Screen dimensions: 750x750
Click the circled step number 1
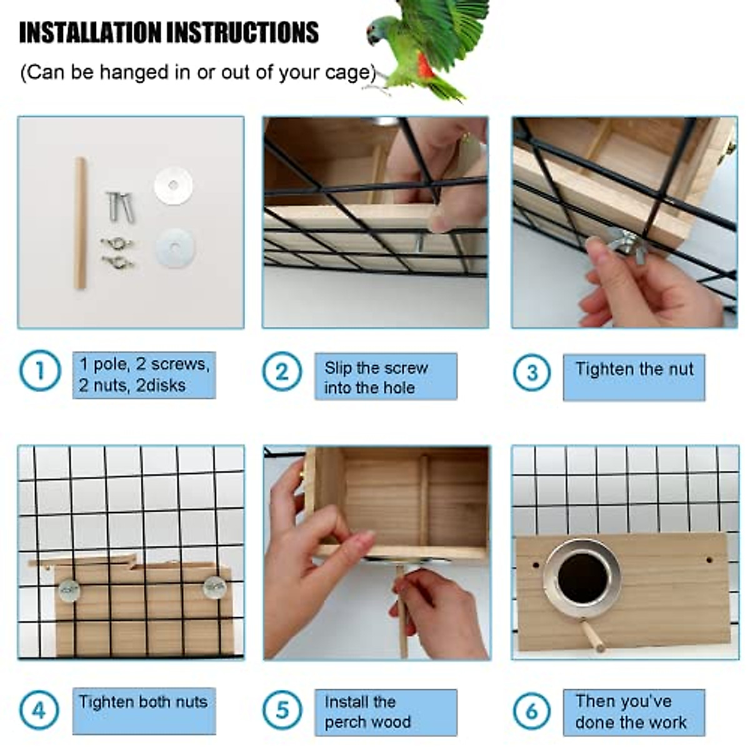(x=40, y=371)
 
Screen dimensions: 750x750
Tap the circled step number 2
(x=282, y=372)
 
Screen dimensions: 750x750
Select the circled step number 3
(x=532, y=373)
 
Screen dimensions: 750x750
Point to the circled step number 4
(x=39, y=711)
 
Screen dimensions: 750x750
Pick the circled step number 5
(x=282, y=711)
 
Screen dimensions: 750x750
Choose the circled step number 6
(x=532, y=711)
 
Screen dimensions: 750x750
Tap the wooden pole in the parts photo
(x=80, y=223)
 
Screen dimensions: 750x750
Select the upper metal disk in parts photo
(x=173, y=186)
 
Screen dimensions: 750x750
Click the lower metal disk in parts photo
(x=175, y=247)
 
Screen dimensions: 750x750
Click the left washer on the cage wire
(x=69, y=590)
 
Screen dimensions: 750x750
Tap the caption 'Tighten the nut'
(x=634, y=369)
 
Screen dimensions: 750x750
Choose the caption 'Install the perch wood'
(x=367, y=712)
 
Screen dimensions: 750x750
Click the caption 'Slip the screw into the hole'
(x=376, y=377)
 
